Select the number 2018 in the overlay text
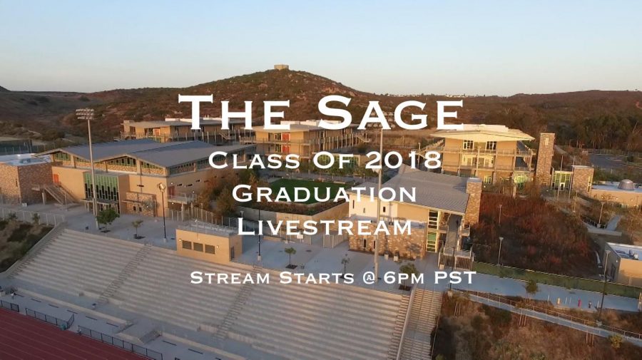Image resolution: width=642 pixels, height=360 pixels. pyautogui.click(x=403, y=160)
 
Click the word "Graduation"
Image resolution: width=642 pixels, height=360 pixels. pyautogui.click(x=324, y=193)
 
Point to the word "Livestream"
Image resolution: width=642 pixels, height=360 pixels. pyautogui.click(x=325, y=227)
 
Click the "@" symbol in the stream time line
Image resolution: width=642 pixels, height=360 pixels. pyautogui.click(x=369, y=278)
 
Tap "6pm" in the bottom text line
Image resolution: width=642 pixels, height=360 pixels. pyautogui.click(x=403, y=278)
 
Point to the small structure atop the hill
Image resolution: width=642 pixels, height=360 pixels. pyautogui.click(x=281, y=67)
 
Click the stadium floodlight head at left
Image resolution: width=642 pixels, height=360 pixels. pyautogui.click(x=85, y=114)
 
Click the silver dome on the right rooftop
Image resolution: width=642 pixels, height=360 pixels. pyautogui.click(x=626, y=185)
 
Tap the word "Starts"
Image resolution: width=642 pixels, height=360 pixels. pyautogui.click(x=317, y=278)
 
